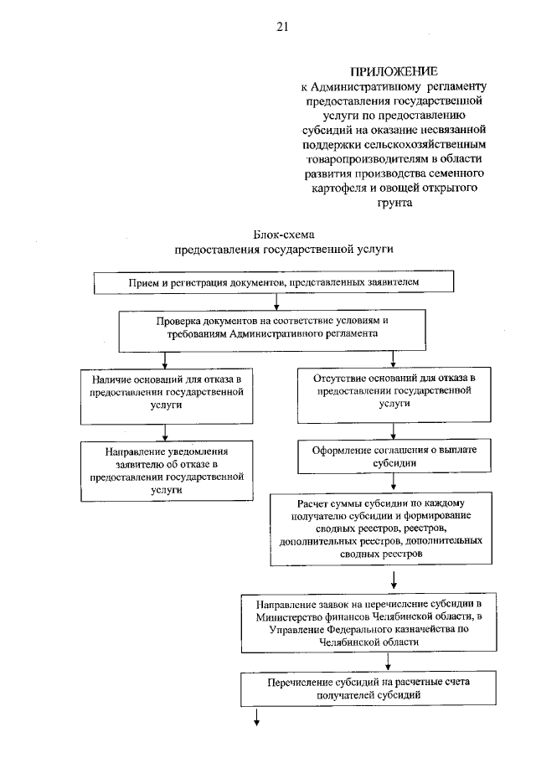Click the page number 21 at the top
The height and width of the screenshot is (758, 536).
tap(281, 27)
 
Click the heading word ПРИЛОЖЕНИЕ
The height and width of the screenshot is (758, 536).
tap(395, 71)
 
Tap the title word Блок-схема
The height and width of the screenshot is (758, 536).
tap(282, 235)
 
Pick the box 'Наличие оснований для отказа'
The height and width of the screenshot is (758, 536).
tap(167, 391)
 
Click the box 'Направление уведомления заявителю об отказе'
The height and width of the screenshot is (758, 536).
tap(167, 472)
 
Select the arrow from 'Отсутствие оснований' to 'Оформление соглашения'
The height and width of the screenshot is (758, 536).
tap(394, 430)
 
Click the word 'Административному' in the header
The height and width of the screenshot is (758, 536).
tap(361, 86)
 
